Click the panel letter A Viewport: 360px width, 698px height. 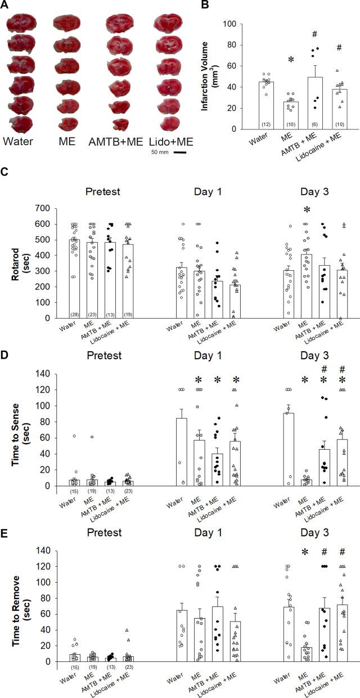[x=6, y=5]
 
